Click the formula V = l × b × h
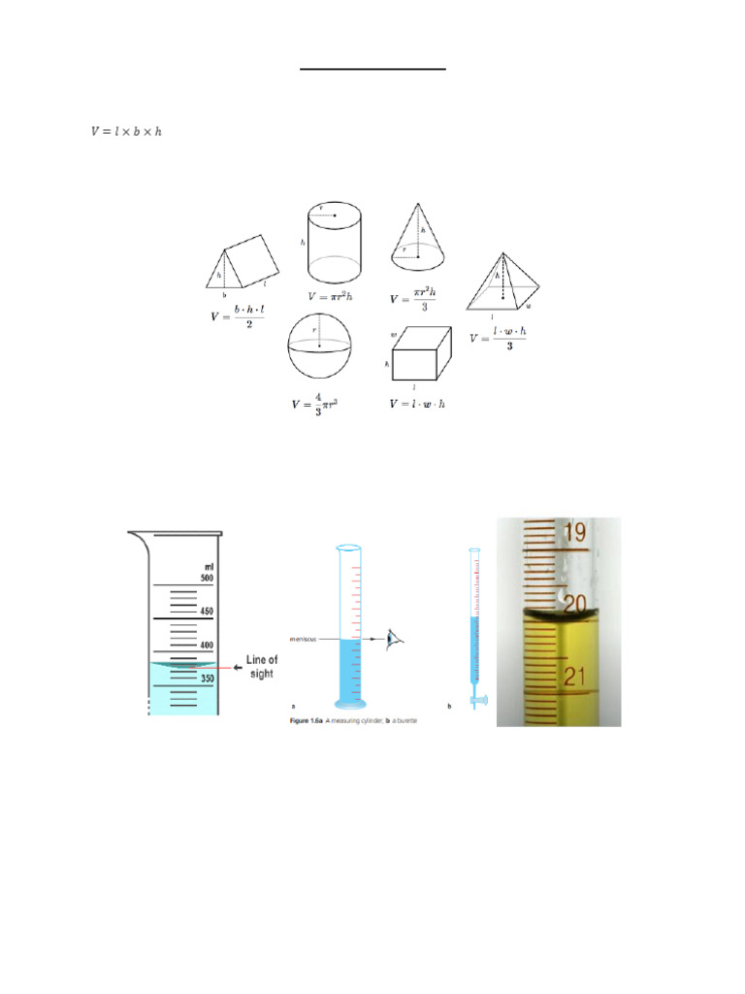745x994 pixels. (x=125, y=131)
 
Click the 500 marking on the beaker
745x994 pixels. (x=206, y=579)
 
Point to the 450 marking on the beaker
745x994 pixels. (x=206, y=612)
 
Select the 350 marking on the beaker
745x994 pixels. (x=206, y=679)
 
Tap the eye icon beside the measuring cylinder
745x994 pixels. (x=393, y=638)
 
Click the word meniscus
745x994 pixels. (x=308, y=639)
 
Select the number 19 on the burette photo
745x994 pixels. (x=573, y=532)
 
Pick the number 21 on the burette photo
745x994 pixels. (x=574, y=677)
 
